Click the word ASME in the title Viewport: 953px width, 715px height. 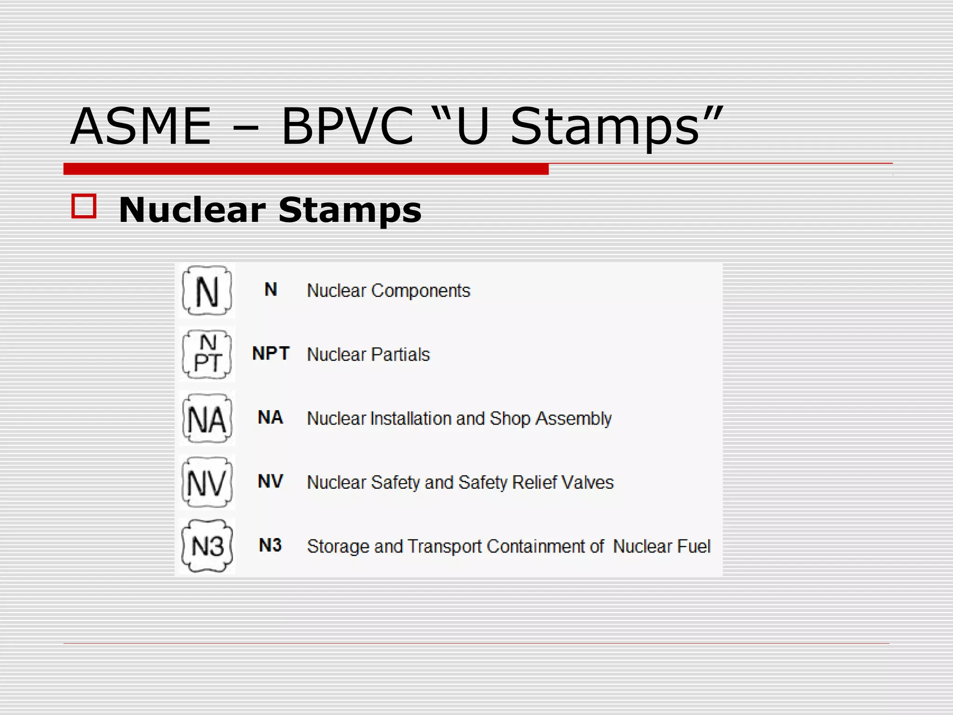[x=141, y=127]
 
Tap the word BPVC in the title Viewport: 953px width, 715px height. [x=347, y=127]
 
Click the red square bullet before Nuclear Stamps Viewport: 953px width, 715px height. [x=84, y=206]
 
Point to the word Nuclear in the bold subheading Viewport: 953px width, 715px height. [x=192, y=210]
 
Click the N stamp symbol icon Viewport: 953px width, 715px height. [x=207, y=290]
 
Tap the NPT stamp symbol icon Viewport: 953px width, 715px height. [x=207, y=354]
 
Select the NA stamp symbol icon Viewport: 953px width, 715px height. [x=207, y=418]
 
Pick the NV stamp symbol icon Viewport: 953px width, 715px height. [x=207, y=482]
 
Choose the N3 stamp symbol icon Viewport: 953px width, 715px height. [x=207, y=546]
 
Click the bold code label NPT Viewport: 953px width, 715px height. [x=271, y=354]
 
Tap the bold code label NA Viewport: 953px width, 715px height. [x=270, y=418]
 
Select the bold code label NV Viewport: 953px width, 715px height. [x=270, y=481]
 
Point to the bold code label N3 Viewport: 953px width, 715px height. [x=270, y=545]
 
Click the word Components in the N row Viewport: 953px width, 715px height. [x=421, y=291]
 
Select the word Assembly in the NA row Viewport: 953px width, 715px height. [x=573, y=418]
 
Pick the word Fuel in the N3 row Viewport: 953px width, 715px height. [x=693, y=546]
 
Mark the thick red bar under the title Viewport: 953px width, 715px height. [x=306, y=169]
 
